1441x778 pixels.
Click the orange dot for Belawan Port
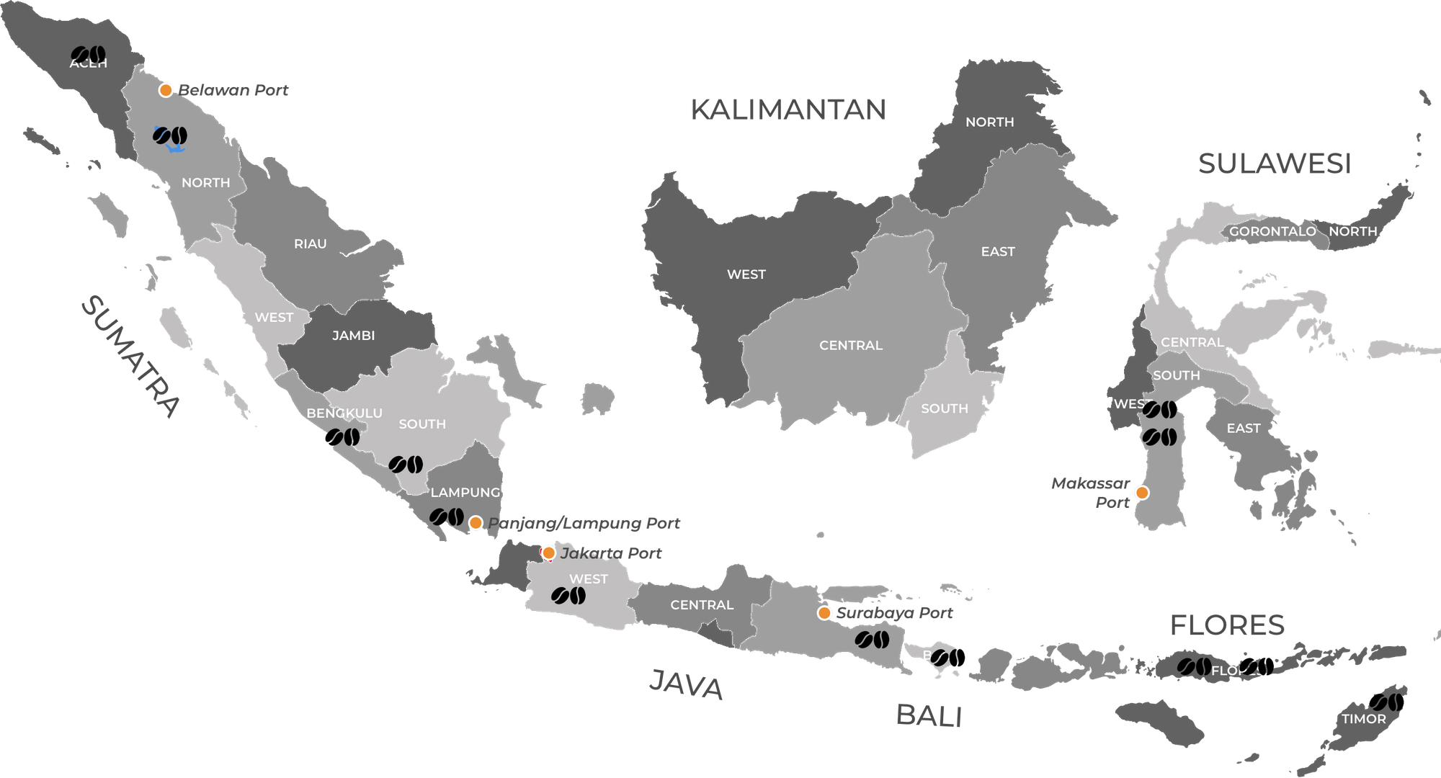pyautogui.click(x=166, y=90)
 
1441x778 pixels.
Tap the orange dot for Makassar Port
pyautogui.click(x=1141, y=493)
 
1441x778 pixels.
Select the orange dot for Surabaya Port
pyautogui.click(x=824, y=613)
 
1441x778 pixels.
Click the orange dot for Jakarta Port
pyautogui.click(x=548, y=553)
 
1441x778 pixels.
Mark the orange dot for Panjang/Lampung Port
pyautogui.click(x=476, y=523)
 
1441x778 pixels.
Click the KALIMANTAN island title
pyautogui.click(x=788, y=109)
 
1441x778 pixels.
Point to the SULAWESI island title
pyautogui.click(x=1275, y=164)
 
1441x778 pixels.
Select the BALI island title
pyautogui.click(x=929, y=716)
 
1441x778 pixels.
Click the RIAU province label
pyautogui.click(x=311, y=243)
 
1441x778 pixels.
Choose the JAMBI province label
pyautogui.click(x=354, y=335)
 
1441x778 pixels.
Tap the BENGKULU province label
pyautogui.click(x=344, y=413)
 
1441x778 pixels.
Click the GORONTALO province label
pyautogui.click(x=1272, y=231)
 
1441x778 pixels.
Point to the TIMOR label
pyautogui.click(x=1364, y=719)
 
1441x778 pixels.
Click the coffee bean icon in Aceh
pyautogui.click(x=89, y=54)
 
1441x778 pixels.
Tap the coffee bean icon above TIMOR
pyautogui.click(x=1386, y=702)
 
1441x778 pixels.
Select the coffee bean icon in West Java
pyautogui.click(x=568, y=596)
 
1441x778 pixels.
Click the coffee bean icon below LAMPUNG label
pyautogui.click(x=447, y=517)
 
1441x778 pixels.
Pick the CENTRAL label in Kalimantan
pyautogui.click(x=851, y=345)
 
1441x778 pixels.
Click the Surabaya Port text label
pyautogui.click(x=894, y=613)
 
